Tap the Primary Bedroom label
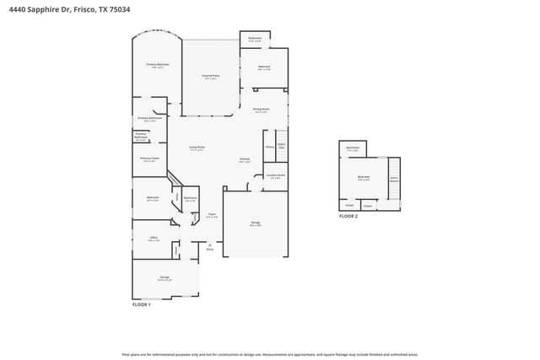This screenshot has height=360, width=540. coord(157,65)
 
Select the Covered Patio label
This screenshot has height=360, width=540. coord(210,77)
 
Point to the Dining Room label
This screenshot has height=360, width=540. coord(261,109)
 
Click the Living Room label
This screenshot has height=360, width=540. coord(197,148)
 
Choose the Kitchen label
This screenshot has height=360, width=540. coord(245,159)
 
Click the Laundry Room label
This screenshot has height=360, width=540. coord(275,175)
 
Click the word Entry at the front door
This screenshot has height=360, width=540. coord(210,250)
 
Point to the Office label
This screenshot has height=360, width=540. coord(154,238)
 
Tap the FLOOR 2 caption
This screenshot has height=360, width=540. coord(348,217)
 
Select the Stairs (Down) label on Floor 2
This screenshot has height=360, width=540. coord(393,179)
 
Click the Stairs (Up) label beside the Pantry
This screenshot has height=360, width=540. coord(282,145)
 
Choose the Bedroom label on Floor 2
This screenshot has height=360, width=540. coord(364,177)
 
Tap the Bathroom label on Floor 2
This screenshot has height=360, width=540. coord(353,148)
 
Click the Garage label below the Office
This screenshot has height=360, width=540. coord(165,277)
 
